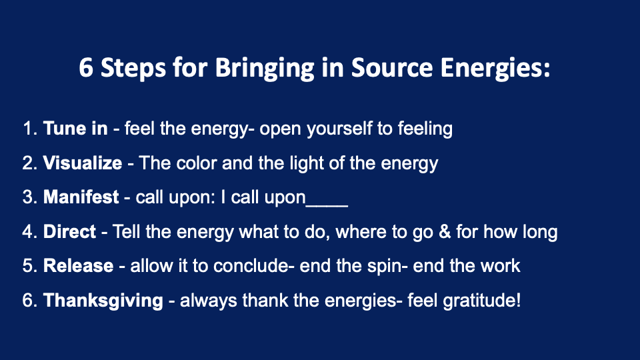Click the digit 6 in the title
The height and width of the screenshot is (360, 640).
[x=86, y=67]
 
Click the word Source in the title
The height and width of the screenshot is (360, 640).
[x=391, y=67]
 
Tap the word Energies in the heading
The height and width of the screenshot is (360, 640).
[x=495, y=69]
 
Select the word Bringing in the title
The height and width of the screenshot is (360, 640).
[x=265, y=69]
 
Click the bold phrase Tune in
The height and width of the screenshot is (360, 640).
[x=75, y=128]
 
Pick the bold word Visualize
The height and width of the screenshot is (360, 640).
[x=83, y=163]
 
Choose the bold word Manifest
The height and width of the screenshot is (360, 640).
[x=81, y=197]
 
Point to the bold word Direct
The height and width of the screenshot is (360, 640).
[x=69, y=231]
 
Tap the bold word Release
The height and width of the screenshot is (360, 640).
[x=79, y=266]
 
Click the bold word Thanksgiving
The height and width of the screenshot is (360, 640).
[x=103, y=301]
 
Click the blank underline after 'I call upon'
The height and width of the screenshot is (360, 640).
[x=327, y=206]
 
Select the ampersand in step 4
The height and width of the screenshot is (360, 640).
[x=445, y=231]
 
